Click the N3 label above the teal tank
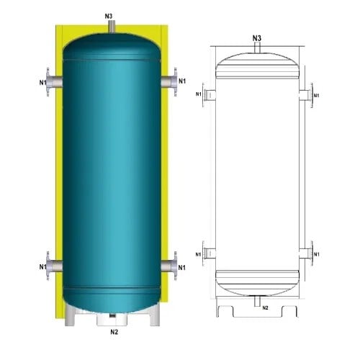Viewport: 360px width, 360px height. click(x=108, y=14)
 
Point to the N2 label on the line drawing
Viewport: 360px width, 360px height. click(x=265, y=308)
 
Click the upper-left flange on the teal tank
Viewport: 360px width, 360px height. click(x=50, y=81)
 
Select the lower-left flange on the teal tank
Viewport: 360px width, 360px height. click(x=50, y=264)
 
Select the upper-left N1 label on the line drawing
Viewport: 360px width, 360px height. click(x=199, y=94)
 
